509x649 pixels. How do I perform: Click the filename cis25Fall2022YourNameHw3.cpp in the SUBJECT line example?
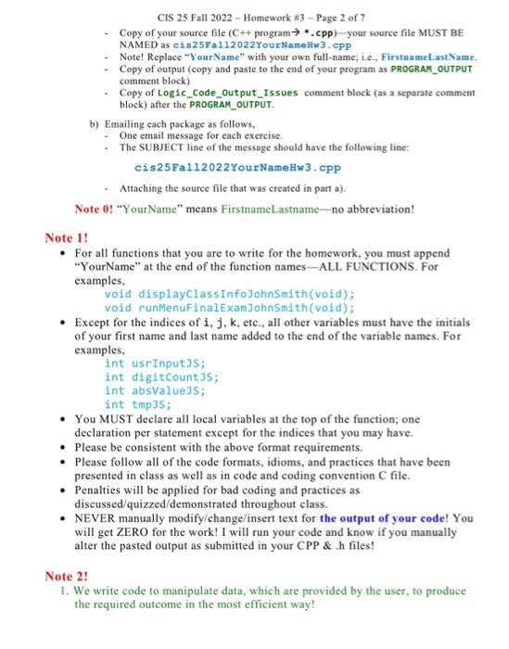(237, 168)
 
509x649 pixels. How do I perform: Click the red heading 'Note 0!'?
(95, 208)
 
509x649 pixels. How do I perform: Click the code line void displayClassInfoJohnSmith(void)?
(229, 294)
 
